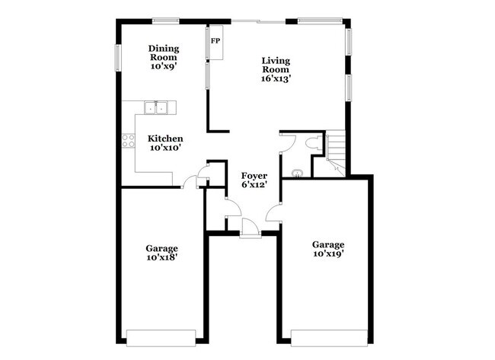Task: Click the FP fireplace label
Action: coord(216,40)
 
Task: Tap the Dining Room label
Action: coord(163,53)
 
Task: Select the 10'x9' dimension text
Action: coord(163,66)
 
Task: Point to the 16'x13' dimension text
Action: coord(276,78)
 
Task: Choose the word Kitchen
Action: coord(165,139)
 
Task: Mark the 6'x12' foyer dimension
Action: coord(254,184)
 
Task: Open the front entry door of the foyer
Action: coord(250,227)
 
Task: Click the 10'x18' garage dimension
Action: coord(162,258)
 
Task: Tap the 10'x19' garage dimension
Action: coord(328,254)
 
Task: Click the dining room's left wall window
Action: coord(118,57)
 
